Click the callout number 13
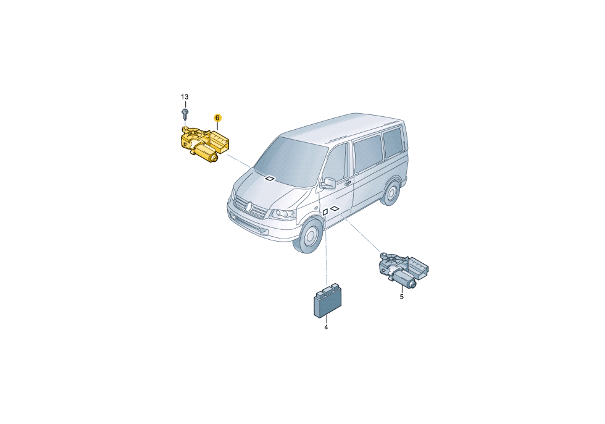point(185,96)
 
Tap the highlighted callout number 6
point(217,117)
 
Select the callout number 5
point(402,297)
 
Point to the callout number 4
point(326,328)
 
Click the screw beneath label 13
point(185,114)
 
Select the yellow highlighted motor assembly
point(204,144)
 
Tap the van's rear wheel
point(391,192)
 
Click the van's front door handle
point(347,183)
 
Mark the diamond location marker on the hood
point(269,179)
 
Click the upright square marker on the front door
point(325,211)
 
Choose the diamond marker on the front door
point(335,208)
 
